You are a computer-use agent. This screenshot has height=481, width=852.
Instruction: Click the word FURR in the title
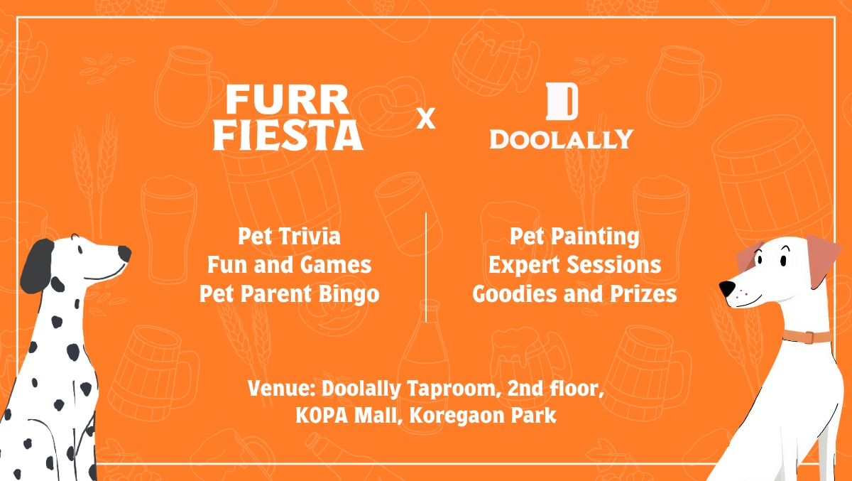click(287, 99)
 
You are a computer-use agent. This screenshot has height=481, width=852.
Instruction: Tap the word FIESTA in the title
click(288, 136)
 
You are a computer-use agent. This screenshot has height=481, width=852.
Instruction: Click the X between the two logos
click(426, 119)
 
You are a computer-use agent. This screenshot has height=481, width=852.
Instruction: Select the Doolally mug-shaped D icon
click(562, 102)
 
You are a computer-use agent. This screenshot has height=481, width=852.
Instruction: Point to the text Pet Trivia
click(289, 237)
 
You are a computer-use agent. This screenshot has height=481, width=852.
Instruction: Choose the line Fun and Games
click(289, 265)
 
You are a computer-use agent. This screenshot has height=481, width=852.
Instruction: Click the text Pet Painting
click(574, 237)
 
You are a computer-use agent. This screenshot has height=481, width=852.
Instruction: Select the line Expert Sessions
click(574, 265)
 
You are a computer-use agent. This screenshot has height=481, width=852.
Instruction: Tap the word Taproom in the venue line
click(454, 389)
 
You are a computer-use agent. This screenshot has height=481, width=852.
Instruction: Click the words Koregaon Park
click(483, 416)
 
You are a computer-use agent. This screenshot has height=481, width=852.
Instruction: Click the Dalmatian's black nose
click(125, 254)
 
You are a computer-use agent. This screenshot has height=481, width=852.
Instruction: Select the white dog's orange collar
click(807, 337)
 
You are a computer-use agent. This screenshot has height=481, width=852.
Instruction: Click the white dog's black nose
click(726, 288)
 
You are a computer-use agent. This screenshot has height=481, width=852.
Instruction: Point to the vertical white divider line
click(426, 267)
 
